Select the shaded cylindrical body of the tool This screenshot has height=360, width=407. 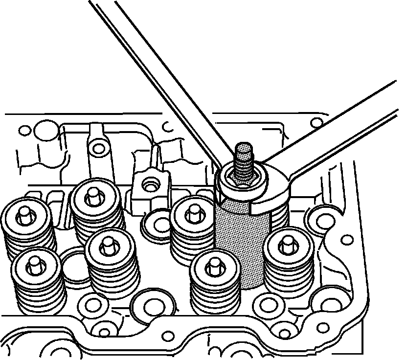242,245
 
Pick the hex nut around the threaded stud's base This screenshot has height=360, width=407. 243,178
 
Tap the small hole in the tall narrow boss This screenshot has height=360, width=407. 100,147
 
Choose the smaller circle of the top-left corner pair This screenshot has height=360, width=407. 23,131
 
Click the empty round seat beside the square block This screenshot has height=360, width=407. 158,222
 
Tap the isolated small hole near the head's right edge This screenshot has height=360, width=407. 347,240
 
